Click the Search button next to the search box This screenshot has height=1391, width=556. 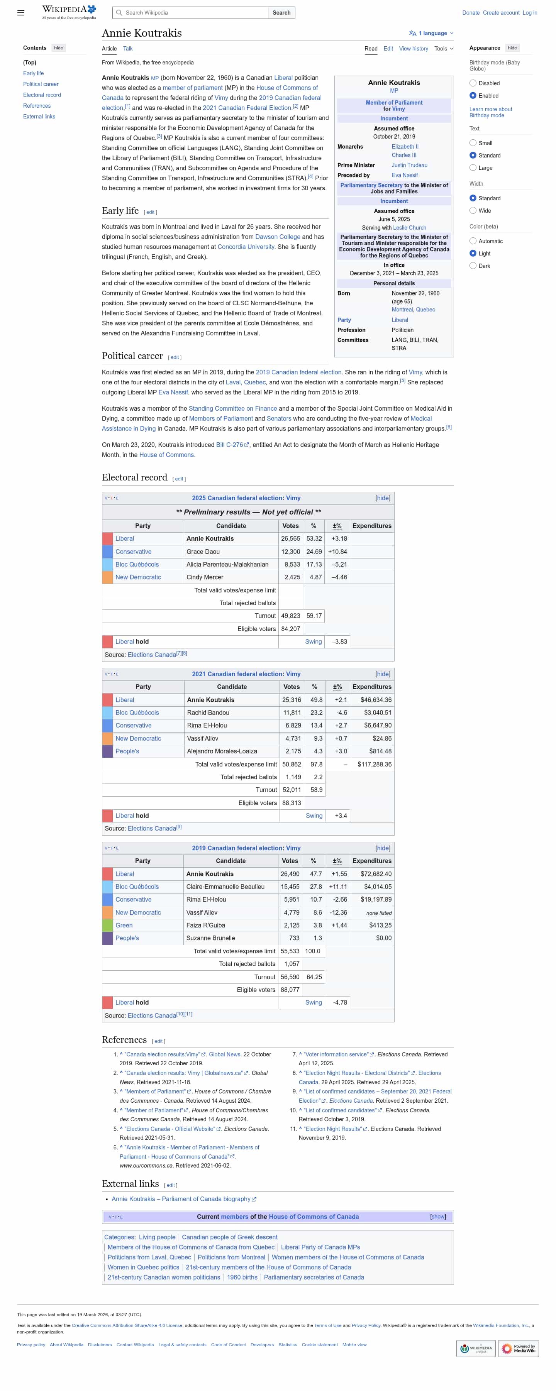point(281,12)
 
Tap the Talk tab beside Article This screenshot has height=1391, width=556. point(127,49)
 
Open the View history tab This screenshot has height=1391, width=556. point(414,49)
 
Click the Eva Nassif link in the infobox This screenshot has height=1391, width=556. point(405,175)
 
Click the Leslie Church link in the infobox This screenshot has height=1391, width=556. point(410,228)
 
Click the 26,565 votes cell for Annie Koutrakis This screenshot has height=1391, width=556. point(290,538)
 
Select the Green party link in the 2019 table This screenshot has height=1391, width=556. point(124,925)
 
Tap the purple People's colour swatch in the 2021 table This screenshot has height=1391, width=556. point(107,751)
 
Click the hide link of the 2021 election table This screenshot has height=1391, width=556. point(383,674)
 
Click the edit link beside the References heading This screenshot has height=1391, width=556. point(158,1041)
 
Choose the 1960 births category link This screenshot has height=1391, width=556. point(242,1277)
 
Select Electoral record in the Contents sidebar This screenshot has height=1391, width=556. point(42,95)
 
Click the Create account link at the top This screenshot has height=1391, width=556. point(501,12)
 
